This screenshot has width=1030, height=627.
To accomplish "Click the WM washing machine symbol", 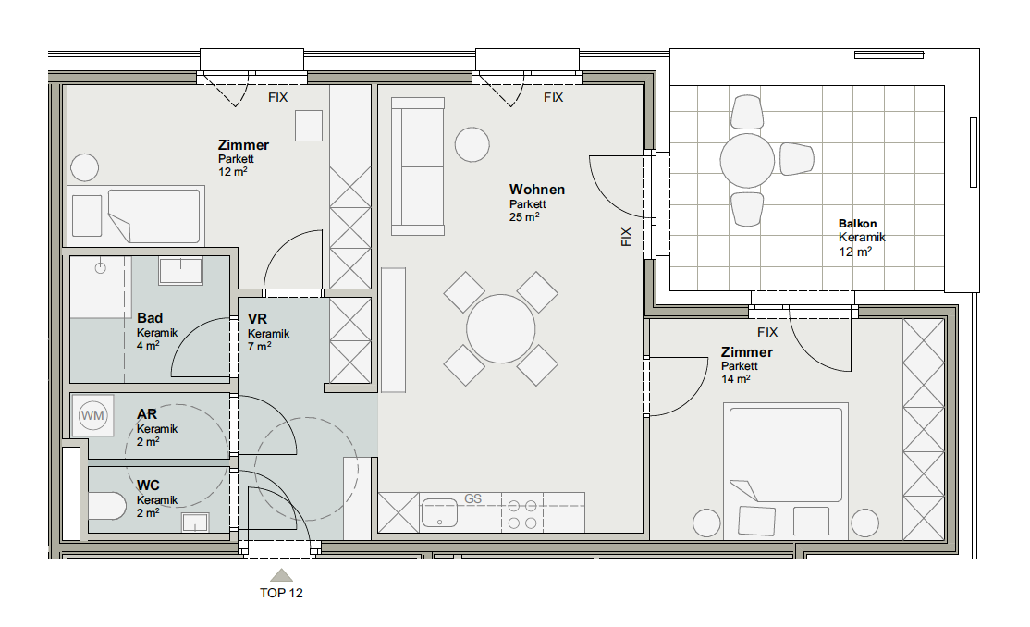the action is pos(92,415).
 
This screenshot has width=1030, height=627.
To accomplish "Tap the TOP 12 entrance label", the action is pos(281,593).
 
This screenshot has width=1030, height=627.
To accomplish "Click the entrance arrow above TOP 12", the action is pos(281,575).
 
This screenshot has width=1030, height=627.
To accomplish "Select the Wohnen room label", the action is pos(536,190).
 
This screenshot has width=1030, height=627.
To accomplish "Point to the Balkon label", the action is pos(857,224).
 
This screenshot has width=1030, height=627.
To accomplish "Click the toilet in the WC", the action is pos(107,506).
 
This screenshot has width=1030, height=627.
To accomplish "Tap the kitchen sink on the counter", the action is pos(439,512).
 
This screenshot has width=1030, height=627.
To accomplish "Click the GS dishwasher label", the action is pos(473,498).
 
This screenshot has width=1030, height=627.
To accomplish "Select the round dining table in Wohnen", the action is pos(500,328).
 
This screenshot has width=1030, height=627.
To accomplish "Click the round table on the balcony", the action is pos(747,160).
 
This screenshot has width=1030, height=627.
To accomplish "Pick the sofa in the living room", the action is pos(418,166).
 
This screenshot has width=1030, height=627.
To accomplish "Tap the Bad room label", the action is pos(150,318).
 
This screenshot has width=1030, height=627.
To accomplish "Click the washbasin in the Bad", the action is pos(180,270).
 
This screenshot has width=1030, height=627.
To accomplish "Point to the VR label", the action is pos(257,319).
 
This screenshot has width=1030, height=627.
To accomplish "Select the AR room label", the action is pos(146,414).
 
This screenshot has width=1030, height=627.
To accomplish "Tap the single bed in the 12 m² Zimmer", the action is pos(136,215).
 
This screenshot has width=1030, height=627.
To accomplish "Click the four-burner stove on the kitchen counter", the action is pos(522,514).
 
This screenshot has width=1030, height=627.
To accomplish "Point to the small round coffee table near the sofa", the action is pos(472,144).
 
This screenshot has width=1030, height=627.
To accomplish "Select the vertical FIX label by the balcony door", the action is pos(626,237).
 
